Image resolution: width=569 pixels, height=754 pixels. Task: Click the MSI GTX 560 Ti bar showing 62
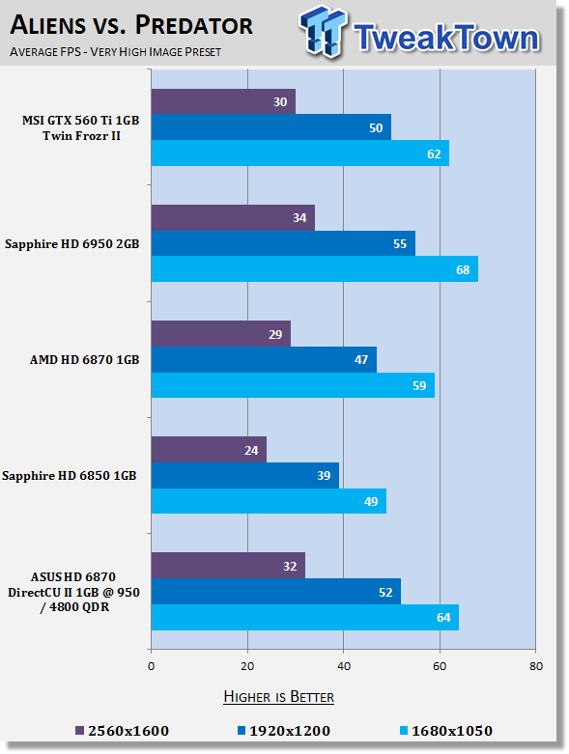pos(300,154)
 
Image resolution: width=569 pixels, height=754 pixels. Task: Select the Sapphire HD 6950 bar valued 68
pos(315,269)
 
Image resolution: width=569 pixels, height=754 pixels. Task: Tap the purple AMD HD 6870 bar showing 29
pos(221,334)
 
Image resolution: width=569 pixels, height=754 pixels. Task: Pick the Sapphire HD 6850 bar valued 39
pos(244,476)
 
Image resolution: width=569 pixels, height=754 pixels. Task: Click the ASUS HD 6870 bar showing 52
pos(276,592)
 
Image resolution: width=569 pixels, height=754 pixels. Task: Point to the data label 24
pos(251,451)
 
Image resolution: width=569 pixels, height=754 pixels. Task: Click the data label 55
pos(400,244)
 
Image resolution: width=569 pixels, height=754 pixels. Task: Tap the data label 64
pos(443,618)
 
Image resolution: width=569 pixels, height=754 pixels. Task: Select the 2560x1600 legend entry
pos(123,731)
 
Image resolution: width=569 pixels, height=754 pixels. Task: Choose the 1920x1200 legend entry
pos(284,731)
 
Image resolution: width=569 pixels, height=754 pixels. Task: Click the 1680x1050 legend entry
pos(446,731)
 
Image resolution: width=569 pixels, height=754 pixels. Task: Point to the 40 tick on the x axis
pos(343,666)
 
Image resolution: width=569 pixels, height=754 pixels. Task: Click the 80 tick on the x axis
pos(536,666)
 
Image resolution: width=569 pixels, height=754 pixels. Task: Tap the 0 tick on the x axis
pos(151,666)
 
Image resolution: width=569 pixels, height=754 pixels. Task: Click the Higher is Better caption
pos(279,697)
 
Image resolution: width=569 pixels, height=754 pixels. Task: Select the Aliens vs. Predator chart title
pos(131,24)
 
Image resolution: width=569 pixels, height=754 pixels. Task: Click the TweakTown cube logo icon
pos(323,32)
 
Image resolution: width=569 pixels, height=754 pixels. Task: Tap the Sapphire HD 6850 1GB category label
pos(70,476)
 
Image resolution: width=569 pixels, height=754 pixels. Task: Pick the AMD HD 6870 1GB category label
pos(85,360)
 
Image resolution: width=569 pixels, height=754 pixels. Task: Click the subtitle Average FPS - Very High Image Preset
pos(115,51)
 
